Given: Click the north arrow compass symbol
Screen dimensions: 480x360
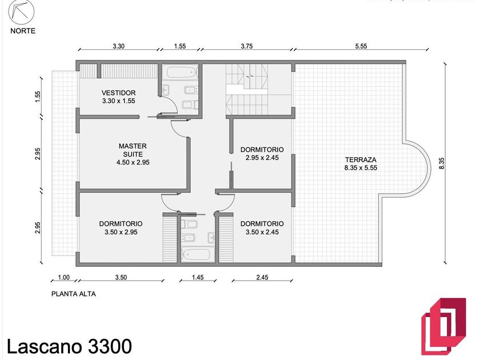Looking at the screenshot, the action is [x=21, y=12].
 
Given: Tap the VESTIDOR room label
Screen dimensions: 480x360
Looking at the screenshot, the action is [x=118, y=93].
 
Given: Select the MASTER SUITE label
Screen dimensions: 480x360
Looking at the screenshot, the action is [x=133, y=150].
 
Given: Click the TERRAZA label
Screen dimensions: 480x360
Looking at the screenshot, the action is [x=361, y=159].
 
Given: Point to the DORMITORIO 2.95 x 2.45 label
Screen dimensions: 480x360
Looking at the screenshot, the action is [x=262, y=154].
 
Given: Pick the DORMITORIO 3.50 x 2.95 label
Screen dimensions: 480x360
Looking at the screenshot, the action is [x=121, y=228].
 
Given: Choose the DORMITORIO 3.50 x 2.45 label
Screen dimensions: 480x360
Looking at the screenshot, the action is [x=262, y=228].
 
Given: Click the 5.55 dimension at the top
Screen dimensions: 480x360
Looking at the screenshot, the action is [x=361, y=46].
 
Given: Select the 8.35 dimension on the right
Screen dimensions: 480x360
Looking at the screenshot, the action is [x=441, y=163].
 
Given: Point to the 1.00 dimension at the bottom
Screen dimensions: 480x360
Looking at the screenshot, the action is [x=63, y=277].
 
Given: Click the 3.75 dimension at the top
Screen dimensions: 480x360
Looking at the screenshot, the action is [x=247, y=46].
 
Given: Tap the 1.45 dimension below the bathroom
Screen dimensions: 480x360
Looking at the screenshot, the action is [x=198, y=277].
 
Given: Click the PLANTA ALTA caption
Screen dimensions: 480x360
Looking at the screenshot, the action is [x=74, y=294].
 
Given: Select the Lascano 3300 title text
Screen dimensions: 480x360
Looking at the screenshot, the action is [x=69, y=346].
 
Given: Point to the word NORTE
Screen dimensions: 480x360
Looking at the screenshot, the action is [x=23, y=31].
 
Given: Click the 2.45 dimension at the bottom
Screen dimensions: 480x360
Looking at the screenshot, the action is [x=262, y=277].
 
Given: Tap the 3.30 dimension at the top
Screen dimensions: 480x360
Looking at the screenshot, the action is [x=118, y=46].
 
